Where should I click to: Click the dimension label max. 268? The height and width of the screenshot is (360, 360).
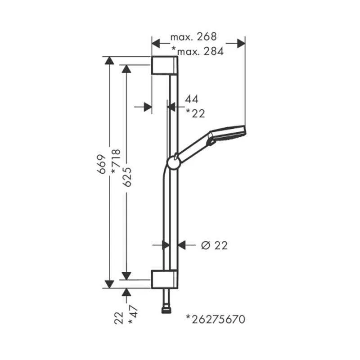[193, 37]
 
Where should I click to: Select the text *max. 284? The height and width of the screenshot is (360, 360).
[198, 51]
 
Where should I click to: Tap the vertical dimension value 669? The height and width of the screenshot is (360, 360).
[102, 164]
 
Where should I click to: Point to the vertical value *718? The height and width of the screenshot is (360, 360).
[116, 162]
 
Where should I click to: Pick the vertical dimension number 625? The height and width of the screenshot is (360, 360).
[127, 177]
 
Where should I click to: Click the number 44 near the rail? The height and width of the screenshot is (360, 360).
[192, 99]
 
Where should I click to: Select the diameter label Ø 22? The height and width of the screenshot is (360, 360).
[214, 245]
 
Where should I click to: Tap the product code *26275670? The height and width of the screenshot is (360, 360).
[216, 319]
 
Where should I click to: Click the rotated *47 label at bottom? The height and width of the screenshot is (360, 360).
[133, 315]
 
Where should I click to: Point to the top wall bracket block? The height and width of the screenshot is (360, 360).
[164, 65]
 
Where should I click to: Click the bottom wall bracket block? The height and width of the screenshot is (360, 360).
[164, 279]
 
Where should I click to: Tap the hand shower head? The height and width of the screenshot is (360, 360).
[228, 135]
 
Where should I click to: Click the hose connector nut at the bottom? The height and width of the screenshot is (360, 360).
[166, 311]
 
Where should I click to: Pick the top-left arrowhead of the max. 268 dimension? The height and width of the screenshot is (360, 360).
[156, 43]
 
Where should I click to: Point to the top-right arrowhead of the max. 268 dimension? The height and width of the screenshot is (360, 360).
[241, 43]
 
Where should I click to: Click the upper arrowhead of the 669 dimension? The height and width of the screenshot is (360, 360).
[109, 60]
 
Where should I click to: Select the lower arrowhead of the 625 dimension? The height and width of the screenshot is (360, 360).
[126, 276]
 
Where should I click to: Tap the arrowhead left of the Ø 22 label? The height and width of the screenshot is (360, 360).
[182, 245]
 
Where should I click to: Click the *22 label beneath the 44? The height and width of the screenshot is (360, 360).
[195, 113]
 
